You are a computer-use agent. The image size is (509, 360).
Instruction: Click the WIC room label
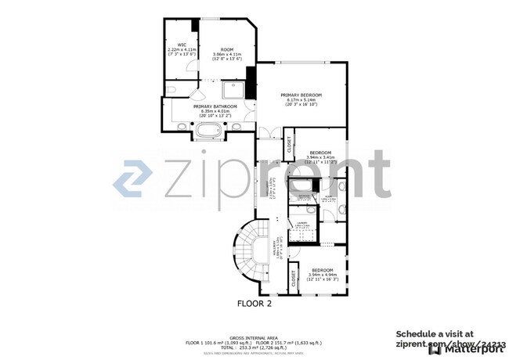(182, 45)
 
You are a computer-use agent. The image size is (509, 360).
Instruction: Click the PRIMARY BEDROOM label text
(301, 95)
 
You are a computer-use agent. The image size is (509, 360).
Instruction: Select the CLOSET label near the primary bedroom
(289, 144)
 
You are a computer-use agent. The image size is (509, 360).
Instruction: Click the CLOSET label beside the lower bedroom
(293, 280)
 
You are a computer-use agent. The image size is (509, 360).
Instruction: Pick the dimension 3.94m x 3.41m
(321, 157)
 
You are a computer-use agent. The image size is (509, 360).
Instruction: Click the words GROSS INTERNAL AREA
(254, 337)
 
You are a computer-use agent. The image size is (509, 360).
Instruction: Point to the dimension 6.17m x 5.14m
(301, 99)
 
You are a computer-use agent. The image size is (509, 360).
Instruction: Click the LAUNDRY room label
(301, 222)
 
